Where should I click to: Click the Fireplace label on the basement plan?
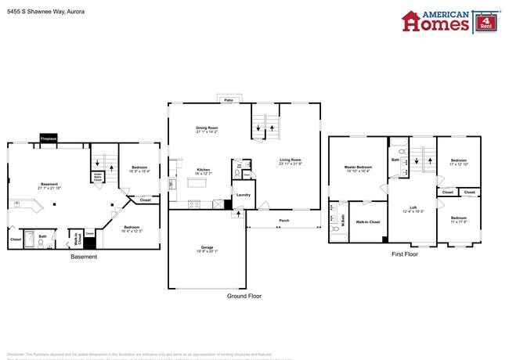(x=49, y=140)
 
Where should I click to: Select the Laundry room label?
(x=243, y=195)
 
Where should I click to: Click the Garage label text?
(x=207, y=247)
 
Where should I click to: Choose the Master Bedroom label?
(x=358, y=167)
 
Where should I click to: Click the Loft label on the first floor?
(x=413, y=207)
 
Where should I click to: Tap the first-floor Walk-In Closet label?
(x=368, y=222)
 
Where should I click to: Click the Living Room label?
(x=291, y=160)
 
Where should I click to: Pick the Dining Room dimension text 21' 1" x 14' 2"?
(x=207, y=132)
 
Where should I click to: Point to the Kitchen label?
(x=203, y=170)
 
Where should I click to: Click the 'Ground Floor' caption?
(x=245, y=297)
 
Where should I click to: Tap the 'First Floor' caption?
(x=406, y=255)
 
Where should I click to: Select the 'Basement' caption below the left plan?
(x=84, y=257)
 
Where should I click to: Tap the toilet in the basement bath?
(x=40, y=242)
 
